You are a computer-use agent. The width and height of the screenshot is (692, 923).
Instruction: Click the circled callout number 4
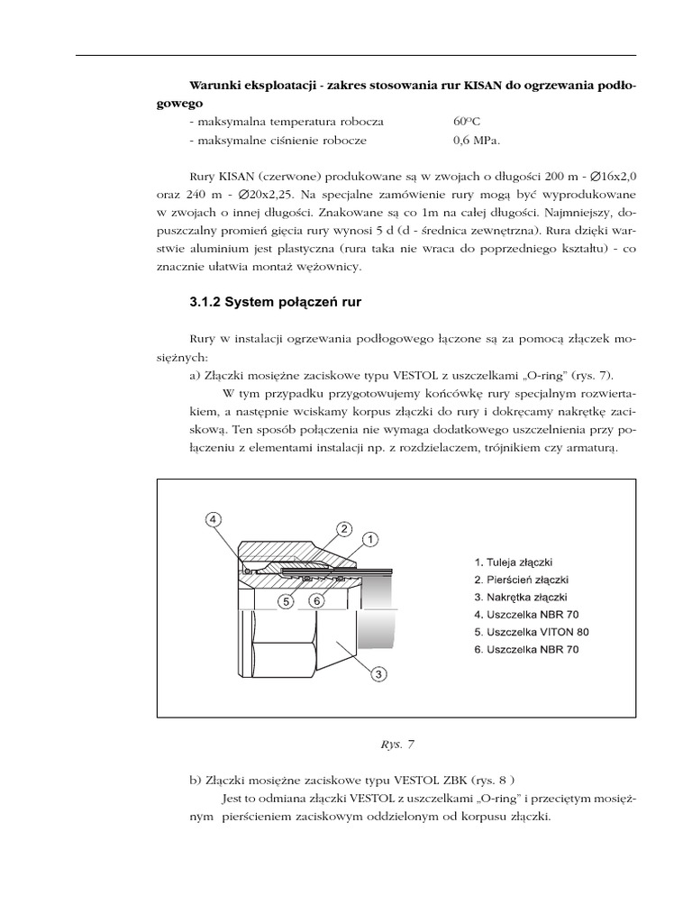click(212, 519)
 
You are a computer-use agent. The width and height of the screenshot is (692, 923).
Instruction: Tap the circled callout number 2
click(344, 528)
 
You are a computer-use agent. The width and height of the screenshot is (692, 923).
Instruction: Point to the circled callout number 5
click(286, 600)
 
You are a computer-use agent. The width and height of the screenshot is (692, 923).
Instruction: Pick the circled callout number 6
click(316, 600)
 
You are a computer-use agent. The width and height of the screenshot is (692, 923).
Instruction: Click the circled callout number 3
click(380, 672)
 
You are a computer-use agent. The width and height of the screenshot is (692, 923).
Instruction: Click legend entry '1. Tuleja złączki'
click(519, 562)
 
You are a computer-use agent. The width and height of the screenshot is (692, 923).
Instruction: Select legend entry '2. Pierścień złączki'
click(522, 580)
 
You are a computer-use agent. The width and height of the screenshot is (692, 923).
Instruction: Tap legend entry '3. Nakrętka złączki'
click(521, 597)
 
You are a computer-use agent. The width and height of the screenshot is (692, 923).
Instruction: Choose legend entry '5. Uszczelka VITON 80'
click(532, 632)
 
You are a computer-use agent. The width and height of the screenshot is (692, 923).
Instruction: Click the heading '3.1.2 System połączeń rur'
click(275, 303)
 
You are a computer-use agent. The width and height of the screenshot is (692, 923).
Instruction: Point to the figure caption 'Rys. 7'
click(397, 745)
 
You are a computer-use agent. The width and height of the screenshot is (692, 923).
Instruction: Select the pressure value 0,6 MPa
click(476, 141)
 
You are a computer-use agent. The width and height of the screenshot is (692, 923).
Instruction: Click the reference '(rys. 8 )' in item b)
click(496, 780)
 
